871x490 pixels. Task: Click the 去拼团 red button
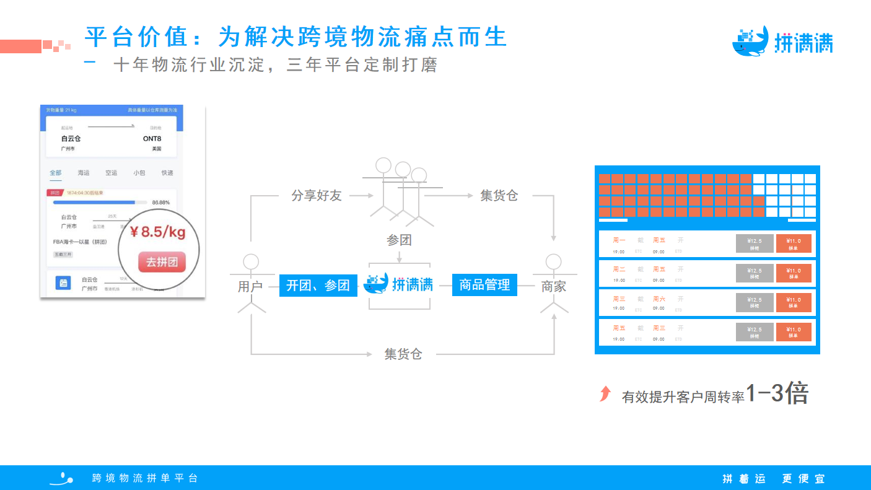click(162, 262)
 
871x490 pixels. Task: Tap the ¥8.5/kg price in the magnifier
click(157, 232)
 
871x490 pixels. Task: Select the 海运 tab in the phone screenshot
click(84, 173)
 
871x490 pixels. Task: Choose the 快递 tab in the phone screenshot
click(167, 173)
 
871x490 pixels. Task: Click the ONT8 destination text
click(152, 139)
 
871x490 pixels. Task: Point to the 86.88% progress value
click(160, 203)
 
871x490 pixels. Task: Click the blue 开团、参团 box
click(318, 285)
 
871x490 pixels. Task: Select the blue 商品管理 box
click(484, 285)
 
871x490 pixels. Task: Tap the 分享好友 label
click(317, 196)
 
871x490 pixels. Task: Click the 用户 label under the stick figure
click(250, 287)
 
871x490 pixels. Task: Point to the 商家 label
click(553, 287)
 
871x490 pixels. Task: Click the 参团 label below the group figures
click(399, 240)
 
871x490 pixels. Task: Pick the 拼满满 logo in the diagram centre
click(399, 284)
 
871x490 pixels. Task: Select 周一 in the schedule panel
click(619, 240)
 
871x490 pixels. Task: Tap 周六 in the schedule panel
click(659, 299)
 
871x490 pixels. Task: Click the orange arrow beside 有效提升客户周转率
click(605, 393)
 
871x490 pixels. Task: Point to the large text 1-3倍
click(777, 393)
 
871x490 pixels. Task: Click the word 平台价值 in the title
click(136, 37)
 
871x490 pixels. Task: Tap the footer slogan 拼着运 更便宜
click(774, 479)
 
